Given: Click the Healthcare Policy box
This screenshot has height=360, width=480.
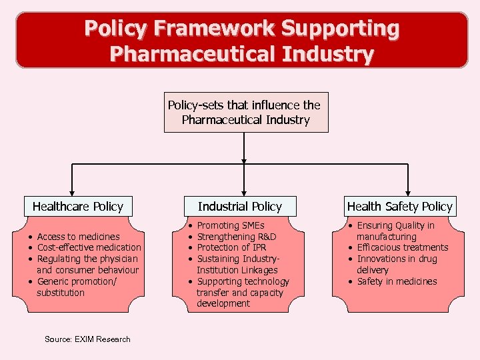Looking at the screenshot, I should [78, 206].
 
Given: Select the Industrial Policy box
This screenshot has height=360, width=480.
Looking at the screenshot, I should [239, 206].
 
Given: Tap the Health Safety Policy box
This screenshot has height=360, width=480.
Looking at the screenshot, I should [399, 206].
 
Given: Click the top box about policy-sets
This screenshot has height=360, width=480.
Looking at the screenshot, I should [245, 112].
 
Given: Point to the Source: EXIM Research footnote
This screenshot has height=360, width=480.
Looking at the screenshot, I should [87, 339].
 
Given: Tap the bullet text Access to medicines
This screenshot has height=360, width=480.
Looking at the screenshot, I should [78, 237].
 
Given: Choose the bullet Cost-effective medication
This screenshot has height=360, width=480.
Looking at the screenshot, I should [89, 248].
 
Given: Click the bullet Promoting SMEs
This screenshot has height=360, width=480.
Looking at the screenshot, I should [231, 225].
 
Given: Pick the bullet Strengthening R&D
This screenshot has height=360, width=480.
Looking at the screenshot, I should [237, 237].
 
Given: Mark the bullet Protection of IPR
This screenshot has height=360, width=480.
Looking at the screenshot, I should [232, 248].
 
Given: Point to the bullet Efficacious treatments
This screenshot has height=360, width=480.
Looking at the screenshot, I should [402, 247].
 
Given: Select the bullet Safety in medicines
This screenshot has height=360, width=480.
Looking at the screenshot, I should [397, 281].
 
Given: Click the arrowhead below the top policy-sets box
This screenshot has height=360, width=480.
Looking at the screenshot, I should [244, 161].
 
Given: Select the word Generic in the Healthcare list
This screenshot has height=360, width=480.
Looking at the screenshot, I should [52, 281].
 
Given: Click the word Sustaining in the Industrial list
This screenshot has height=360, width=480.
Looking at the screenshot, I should [218, 259].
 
